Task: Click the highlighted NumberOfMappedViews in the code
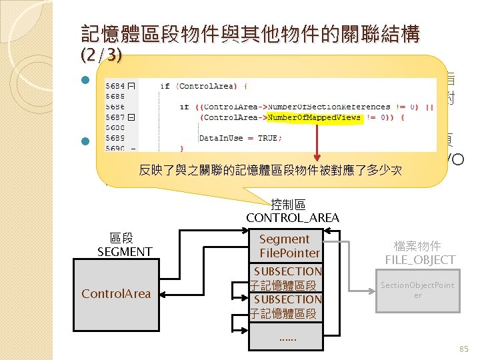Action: tap(314, 117)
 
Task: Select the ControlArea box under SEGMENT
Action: tap(116, 293)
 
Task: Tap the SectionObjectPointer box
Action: tap(417, 290)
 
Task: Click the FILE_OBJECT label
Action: tap(420, 259)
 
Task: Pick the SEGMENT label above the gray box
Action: tap(125, 251)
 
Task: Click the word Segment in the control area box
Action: tap(284, 239)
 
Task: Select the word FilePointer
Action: tap(290, 253)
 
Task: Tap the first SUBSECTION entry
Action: tap(287, 271)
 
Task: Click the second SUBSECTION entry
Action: tap(287, 299)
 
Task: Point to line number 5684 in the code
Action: tap(115, 85)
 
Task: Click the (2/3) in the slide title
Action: tap(101, 55)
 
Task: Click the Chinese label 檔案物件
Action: tap(417, 246)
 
